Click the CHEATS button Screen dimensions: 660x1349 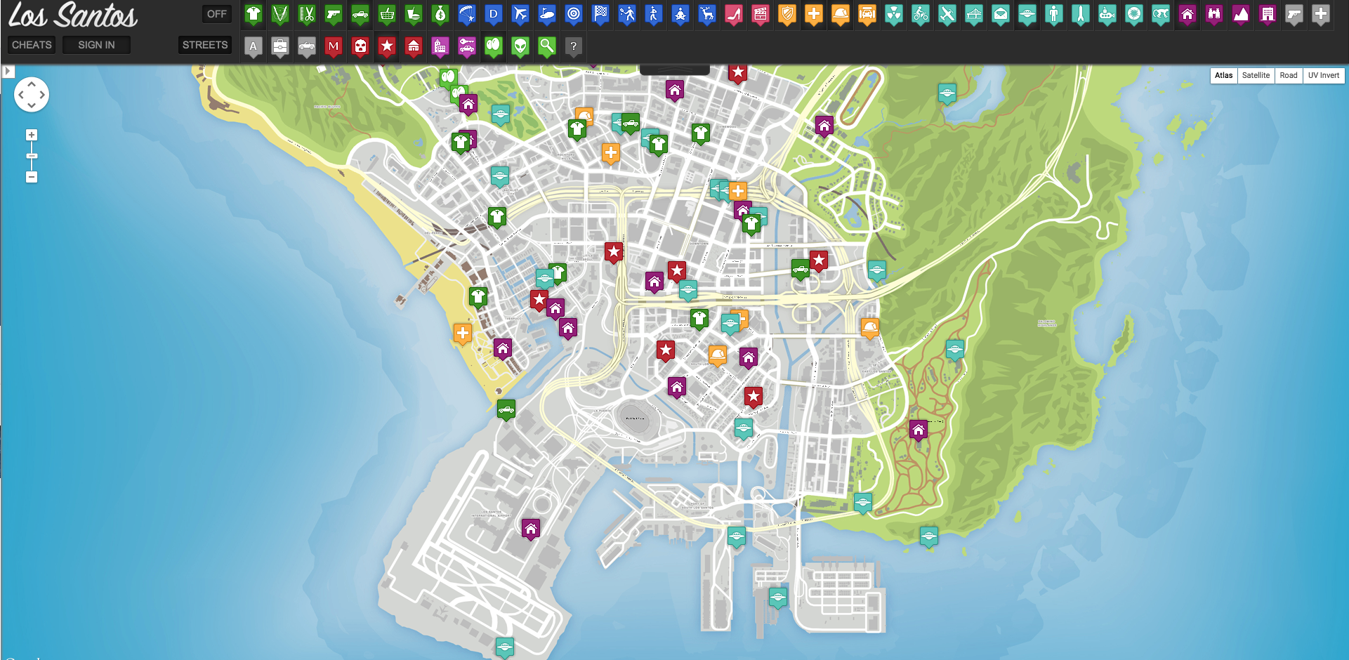tap(32, 45)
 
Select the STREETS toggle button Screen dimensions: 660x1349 tap(204, 45)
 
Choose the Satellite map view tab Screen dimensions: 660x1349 tap(1255, 75)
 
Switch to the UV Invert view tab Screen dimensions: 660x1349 tap(1323, 75)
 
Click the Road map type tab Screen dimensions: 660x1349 tap(1288, 75)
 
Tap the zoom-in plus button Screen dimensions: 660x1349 tap(32, 135)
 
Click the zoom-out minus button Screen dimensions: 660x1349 tap(32, 177)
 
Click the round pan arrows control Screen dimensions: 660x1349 tap(32, 94)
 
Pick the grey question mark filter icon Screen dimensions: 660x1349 tap(574, 46)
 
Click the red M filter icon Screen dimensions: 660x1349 tap(334, 46)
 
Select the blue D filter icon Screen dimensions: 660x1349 tap(494, 13)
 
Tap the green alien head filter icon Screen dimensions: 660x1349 tap(520, 46)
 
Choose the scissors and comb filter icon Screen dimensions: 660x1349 tap(307, 13)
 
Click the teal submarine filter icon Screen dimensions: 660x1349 tap(1107, 13)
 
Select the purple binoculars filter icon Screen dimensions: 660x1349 tap(1214, 13)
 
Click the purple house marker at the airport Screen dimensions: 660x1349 tap(531, 528)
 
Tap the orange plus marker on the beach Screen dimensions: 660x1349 tap(462, 333)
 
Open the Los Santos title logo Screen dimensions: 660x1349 tap(73, 15)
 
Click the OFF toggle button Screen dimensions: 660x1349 tap(216, 13)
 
